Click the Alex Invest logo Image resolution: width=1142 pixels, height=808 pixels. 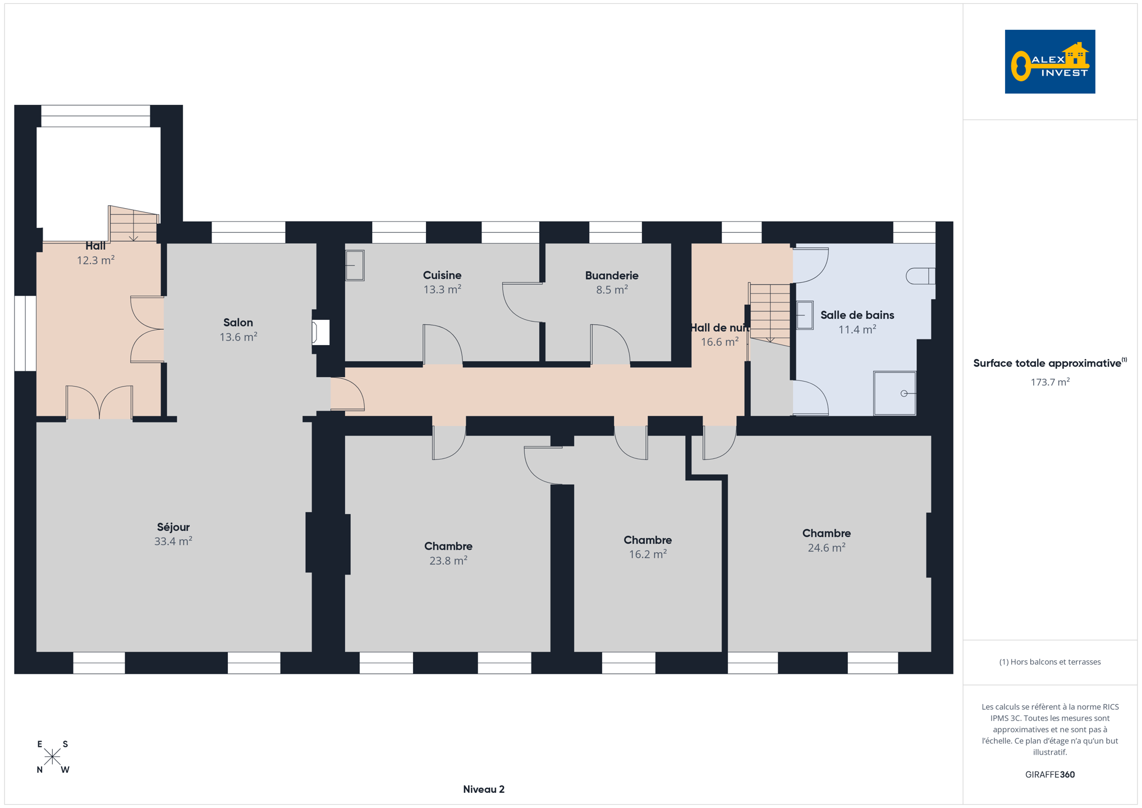coord(1049,62)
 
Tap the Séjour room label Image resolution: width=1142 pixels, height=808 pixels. coord(173,527)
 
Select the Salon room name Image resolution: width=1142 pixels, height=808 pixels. coord(238,323)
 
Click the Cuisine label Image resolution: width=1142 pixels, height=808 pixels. coord(442,276)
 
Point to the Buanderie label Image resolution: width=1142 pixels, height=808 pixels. coord(612,276)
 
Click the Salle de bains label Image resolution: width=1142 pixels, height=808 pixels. coord(857,315)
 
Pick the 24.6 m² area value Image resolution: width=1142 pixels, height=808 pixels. coord(826,548)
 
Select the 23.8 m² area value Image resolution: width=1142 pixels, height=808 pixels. coord(448,561)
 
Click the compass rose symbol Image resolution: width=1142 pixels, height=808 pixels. coord(52,757)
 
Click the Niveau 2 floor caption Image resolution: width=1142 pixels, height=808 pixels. coord(484,789)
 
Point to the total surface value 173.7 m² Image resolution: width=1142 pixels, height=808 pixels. coord(1050,382)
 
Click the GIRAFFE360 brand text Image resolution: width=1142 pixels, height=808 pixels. coord(1050,774)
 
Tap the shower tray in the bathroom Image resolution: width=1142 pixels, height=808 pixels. coord(895,393)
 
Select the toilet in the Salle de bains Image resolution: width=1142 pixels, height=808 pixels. coord(920,276)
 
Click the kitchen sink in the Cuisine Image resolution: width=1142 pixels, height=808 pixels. coord(355,265)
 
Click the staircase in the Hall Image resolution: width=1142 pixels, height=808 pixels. coord(133,224)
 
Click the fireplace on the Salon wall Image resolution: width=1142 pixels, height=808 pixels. coord(321,332)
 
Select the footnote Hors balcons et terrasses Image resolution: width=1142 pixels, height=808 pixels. coord(1049,662)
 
